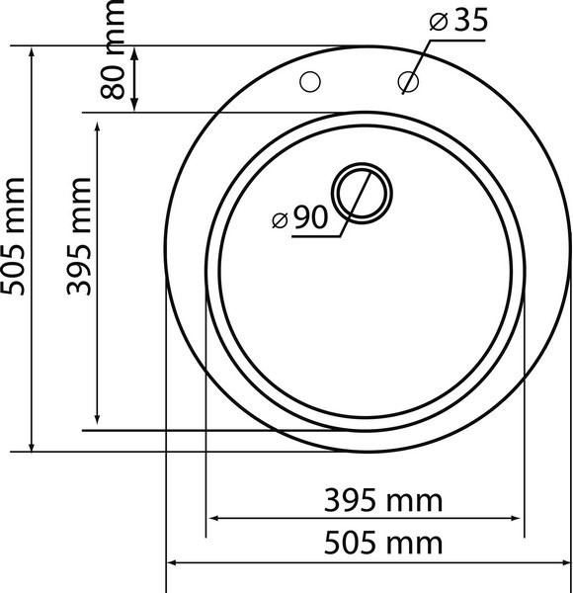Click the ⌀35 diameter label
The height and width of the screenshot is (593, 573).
[x=458, y=21]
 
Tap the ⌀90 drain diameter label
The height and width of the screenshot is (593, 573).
[x=299, y=217]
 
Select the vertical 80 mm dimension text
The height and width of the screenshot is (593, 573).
[x=113, y=49]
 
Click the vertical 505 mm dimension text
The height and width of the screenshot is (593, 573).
[x=13, y=236]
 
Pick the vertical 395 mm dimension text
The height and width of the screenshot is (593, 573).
[x=79, y=236]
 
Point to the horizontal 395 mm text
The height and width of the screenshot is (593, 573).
[x=383, y=500]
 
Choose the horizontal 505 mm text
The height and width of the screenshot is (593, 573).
[x=383, y=543]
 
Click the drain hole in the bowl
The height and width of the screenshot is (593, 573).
[x=362, y=194]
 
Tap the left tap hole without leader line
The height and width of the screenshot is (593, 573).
[x=310, y=81]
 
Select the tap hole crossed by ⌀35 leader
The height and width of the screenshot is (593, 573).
[x=408, y=81]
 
